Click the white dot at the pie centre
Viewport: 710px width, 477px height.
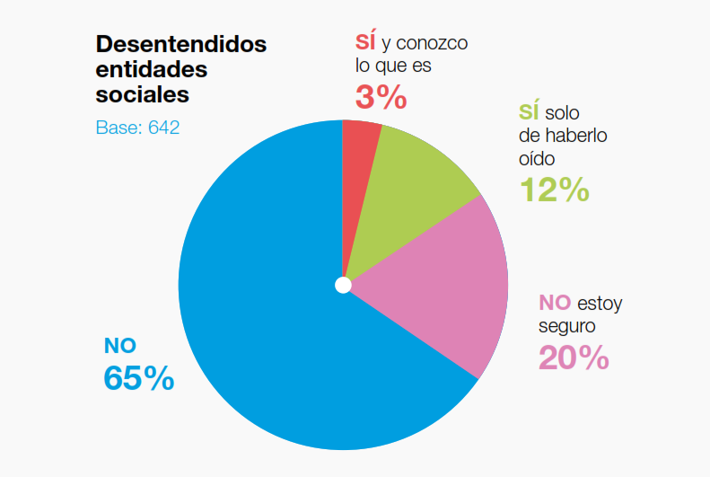[x=343, y=286]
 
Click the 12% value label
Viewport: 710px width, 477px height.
[x=554, y=189]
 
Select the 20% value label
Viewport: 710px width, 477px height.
[x=574, y=358]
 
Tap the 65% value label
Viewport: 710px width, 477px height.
[x=139, y=378]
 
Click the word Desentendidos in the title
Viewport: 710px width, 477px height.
[x=181, y=45]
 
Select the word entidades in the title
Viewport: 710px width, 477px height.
[x=151, y=69]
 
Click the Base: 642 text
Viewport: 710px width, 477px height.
[x=137, y=128]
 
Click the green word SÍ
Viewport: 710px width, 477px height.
[x=529, y=112]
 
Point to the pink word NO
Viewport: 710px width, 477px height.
[x=555, y=302]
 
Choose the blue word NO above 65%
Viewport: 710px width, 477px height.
[x=120, y=344]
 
